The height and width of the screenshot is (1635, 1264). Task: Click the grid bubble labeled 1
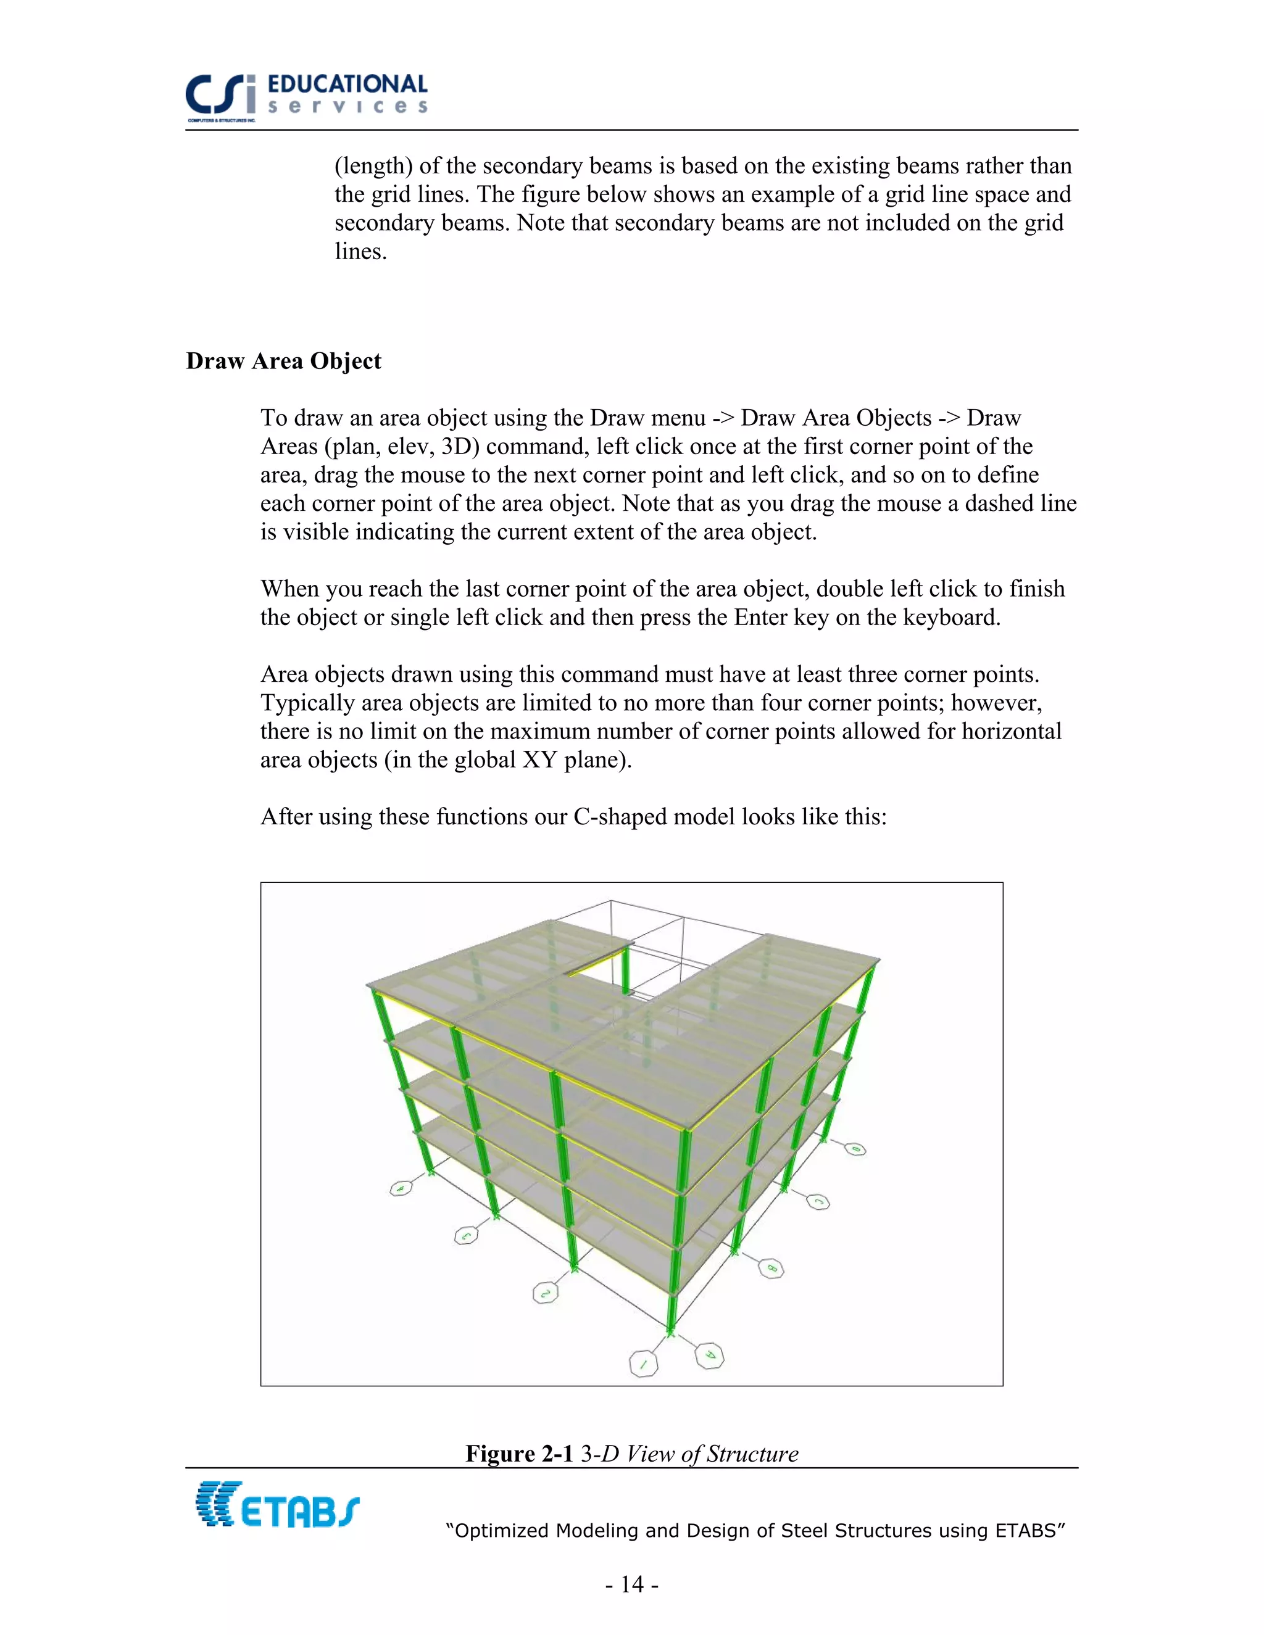pyautogui.click(x=642, y=1364)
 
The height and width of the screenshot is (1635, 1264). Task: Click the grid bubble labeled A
pyautogui.click(x=709, y=1356)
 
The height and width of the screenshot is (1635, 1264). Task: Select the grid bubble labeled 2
pyautogui.click(x=545, y=1293)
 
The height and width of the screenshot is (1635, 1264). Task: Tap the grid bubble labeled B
pyautogui.click(x=770, y=1268)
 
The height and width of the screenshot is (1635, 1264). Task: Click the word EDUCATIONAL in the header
pyautogui.click(x=347, y=84)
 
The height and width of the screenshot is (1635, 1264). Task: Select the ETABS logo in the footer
pyautogui.click(x=277, y=1505)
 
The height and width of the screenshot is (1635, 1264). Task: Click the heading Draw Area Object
pyautogui.click(x=284, y=361)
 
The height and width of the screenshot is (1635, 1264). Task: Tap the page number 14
pyautogui.click(x=632, y=1583)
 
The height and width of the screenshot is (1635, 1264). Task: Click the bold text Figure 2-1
pyautogui.click(x=519, y=1453)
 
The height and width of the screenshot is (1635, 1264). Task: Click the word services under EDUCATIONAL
pyautogui.click(x=347, y=107)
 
